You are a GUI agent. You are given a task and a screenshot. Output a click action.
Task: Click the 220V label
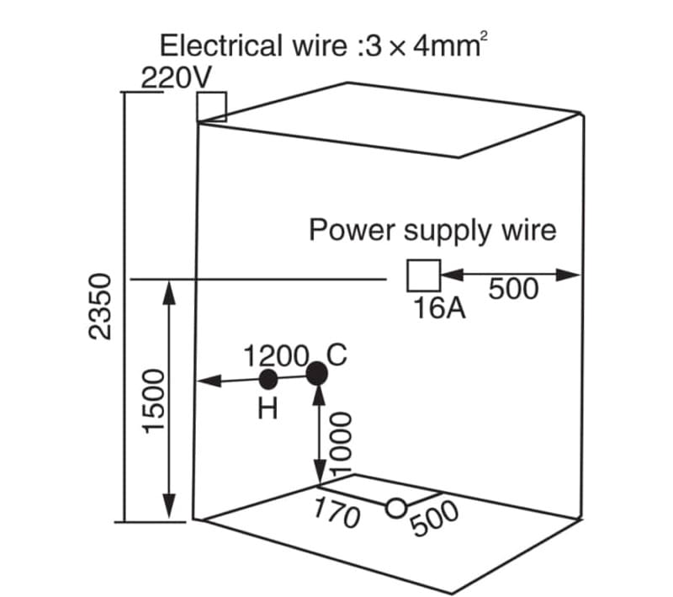click(x=177, y=77)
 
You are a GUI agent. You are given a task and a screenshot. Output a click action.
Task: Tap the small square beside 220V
click(x=211, y=106)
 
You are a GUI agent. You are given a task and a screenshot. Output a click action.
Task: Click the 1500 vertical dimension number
click(x=152, y=400)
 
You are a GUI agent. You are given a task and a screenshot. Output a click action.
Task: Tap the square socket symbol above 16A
click(x=423, y=275)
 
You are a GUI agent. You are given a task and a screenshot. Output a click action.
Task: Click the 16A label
click(x=439, y=308)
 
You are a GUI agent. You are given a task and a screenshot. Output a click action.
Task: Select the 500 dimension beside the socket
click(x=513, y=289)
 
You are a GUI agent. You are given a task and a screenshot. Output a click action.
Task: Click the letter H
click(x=268, y=409)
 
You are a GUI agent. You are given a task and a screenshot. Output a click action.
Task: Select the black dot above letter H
click(x=268, y=379)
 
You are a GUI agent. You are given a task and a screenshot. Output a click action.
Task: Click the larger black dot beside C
click(x=316, y=373)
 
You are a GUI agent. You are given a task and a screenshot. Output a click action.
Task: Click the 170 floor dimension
click(x=336, y=513)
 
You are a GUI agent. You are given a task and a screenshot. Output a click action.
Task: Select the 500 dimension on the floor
click(x=435, y=518)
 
